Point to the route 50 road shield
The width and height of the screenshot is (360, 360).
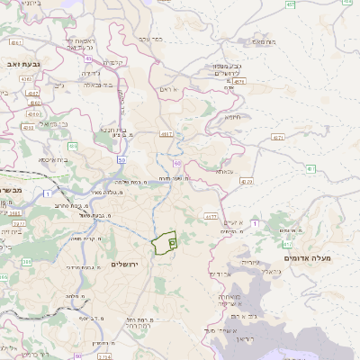(x=121, y=159)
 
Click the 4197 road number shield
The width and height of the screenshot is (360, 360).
(x=166, y=134)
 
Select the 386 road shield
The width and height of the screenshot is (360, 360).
(x=26, y=262)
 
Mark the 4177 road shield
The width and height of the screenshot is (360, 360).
(x=211, y=217)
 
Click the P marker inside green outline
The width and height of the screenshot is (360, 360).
(x=172, y=243)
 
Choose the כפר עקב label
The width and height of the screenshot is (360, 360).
(x=150, y=39)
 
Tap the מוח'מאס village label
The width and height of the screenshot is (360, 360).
(x=264, y=41)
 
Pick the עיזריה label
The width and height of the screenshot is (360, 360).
(x=249, y=261)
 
